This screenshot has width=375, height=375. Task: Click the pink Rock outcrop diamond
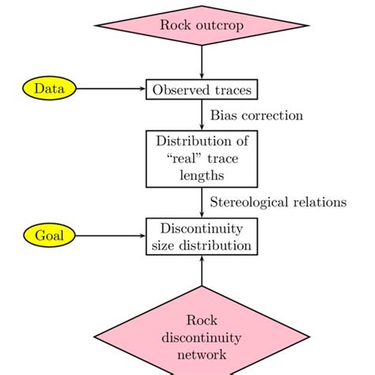202,25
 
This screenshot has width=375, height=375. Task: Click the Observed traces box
202,89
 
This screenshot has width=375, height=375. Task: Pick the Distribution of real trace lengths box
202,158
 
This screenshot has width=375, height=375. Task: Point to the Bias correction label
256,116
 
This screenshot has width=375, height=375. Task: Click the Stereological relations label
278,202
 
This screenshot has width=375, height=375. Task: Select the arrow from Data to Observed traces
111,89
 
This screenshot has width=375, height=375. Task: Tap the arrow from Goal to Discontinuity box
111,235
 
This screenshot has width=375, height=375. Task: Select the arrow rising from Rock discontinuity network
202,273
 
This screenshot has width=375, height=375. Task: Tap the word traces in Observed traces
229,89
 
